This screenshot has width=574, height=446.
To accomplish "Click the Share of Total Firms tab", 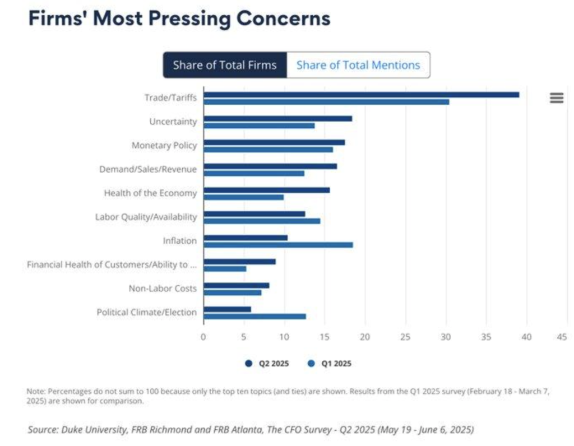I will (225, 65).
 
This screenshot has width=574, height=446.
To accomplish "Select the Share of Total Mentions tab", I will (358, 65).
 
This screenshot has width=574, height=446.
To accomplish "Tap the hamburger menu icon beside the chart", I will (557, 98).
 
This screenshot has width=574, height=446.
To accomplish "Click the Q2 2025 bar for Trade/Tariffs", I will (361, 95).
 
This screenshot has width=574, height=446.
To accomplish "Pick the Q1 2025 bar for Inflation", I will (278, 245).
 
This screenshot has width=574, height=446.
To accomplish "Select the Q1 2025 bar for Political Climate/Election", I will (254, 316).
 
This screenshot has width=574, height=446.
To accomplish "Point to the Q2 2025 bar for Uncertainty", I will (277, 119).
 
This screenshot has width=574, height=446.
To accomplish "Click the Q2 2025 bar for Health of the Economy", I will (266, 190).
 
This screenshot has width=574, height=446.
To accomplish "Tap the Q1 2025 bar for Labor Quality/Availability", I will (262, 221).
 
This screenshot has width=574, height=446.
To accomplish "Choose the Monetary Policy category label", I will (164, 146).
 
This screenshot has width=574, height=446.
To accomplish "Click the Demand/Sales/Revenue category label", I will (148, 169).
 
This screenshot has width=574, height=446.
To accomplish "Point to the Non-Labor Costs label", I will (163, 289).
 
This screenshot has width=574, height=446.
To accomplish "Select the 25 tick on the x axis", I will (405, 337).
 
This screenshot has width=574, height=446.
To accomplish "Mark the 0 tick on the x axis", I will (203, 337).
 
